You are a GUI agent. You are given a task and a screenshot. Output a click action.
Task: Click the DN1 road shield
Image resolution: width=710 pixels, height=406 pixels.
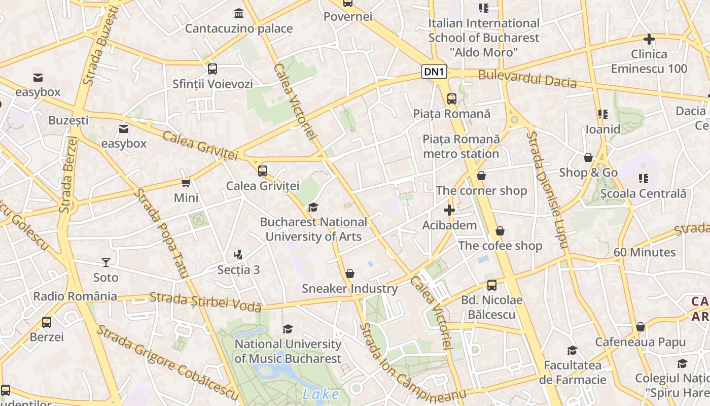434,72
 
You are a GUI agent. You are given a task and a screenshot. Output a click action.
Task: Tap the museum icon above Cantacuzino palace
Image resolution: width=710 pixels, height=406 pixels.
238,13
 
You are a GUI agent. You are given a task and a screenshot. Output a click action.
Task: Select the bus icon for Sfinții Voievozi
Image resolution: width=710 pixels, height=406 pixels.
212,69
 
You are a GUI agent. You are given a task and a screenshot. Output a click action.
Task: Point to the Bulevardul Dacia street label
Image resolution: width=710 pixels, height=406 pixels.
527,79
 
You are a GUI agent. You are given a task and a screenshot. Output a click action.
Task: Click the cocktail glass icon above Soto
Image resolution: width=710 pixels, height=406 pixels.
105,262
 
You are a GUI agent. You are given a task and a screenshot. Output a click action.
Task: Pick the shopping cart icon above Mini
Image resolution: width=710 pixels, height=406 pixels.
186,183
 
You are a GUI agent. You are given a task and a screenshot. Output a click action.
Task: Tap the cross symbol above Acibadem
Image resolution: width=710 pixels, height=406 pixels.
449,210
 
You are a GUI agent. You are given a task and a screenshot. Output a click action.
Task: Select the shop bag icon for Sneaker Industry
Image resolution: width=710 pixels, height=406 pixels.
349,274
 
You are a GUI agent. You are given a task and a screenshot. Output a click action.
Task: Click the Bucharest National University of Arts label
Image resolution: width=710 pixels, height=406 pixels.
313,229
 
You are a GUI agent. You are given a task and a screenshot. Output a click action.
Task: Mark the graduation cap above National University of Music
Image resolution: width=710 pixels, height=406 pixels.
288,329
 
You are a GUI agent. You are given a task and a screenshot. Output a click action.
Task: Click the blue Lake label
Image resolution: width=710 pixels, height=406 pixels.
321,394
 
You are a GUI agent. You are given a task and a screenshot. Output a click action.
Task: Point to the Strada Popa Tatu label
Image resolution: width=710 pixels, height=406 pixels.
160,233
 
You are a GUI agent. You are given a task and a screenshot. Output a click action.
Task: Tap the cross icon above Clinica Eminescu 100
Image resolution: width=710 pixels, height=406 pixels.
649,39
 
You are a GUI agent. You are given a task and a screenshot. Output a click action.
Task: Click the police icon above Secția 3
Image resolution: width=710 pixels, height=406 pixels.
238,254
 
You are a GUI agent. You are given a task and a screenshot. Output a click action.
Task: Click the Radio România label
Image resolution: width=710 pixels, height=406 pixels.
75,296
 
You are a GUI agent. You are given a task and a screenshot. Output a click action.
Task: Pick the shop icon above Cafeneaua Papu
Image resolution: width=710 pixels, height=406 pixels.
641,327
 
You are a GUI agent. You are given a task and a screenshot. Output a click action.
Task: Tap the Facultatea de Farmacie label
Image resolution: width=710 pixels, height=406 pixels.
573,372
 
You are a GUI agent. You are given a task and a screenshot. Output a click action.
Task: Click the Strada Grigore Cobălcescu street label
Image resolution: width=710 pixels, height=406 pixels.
167,361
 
